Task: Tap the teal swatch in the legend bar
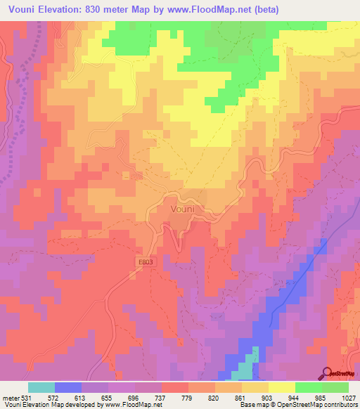point(41,387)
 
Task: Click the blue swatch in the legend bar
point(68,387)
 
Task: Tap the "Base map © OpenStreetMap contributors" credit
point(296,405)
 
